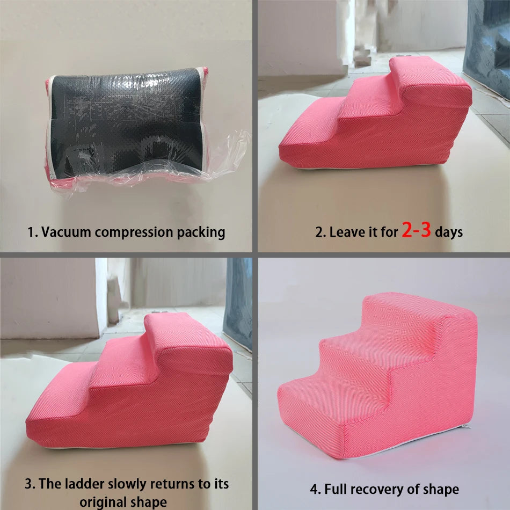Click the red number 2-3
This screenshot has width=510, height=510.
pyautogui.click(x=416, y=231)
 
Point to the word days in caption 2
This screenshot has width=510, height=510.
pyautogui.click(x=449, y=232)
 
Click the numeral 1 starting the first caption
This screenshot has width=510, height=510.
pyautogui.click(x=31, y=232)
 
